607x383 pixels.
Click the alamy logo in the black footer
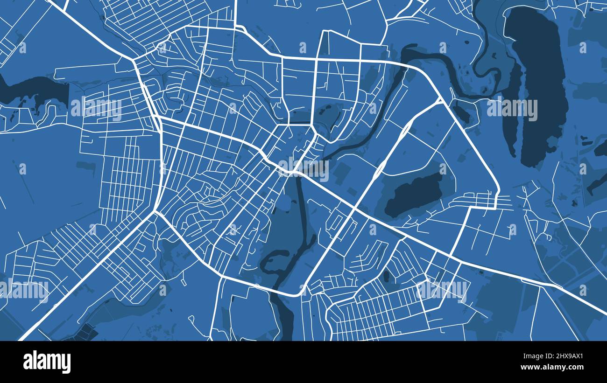tap(47, 362)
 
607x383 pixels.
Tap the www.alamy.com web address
tap(554, 367)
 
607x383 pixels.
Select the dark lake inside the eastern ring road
tap(414, 194)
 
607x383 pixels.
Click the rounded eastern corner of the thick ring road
tap(498, 191)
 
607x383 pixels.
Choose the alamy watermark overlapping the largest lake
tap(512, 109)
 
